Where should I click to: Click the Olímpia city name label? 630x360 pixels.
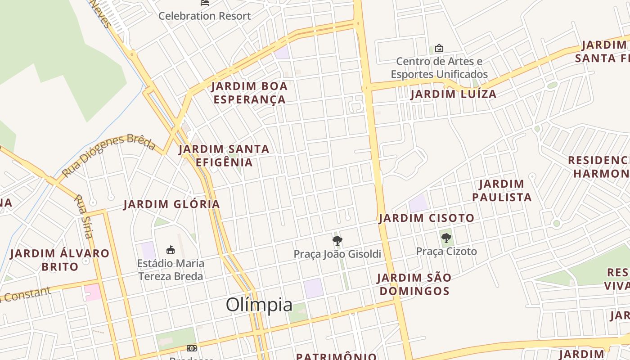[259, 305]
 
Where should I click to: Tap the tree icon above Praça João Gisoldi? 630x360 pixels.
[337, 241]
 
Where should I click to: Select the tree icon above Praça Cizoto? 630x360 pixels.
[446, 238]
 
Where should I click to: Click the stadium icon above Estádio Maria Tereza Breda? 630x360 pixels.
[171, 250]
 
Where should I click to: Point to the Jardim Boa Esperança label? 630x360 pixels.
[249, 93]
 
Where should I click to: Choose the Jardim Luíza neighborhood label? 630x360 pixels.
[453, 94]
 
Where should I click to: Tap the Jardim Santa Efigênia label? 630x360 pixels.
[224, 155]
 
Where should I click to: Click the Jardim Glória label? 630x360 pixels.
[172, 204]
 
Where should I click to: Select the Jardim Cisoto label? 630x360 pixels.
[426, 218]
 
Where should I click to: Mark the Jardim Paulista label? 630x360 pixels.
[502, 190]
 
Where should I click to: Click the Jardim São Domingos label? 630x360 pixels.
[414, 284]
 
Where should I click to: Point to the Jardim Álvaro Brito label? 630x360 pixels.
[59, 260]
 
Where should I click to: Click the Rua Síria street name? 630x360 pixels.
[84, 216]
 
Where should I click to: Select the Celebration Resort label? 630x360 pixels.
[204, 16]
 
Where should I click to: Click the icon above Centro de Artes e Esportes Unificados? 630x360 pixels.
[439, 48]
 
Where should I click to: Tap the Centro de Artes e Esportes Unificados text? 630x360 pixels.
[439, 67]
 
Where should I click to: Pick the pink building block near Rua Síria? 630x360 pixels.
[93, 292]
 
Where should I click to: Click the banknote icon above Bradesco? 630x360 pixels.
[192, 348]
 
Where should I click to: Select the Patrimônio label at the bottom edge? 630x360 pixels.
[336, 356]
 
